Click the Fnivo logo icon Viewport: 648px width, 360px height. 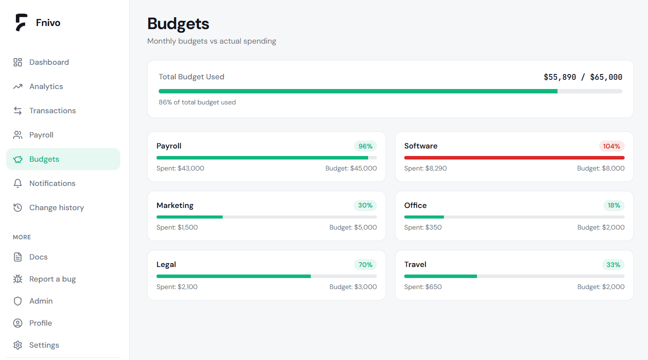pos(21,22)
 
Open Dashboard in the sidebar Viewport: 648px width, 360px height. pos(49,62)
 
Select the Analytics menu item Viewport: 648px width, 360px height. pos(46,86)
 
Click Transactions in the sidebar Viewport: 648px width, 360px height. pos(52,111)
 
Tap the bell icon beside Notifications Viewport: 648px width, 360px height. pos(18,183)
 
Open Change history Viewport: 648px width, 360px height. pos(56,208)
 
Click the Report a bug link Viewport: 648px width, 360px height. pos(52,279)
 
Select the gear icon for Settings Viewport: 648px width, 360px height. pos(18,345)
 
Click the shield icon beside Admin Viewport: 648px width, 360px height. pos(18,301)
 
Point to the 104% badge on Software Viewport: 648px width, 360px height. pos(611,146)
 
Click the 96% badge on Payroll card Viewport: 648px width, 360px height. pos(365,146)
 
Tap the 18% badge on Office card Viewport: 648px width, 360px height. pos(614,205)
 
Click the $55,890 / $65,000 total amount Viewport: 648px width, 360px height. pos(583,77)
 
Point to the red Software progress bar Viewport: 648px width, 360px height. pos(514,158)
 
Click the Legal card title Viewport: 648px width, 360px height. pos(166,264)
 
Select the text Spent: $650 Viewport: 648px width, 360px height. pos(423,287)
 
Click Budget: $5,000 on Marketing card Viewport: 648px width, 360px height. pos(353,227)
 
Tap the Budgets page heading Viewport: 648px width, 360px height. pos(178,24)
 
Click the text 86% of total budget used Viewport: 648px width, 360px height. pos(197,102)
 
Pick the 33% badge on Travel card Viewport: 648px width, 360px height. pos(613,265)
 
